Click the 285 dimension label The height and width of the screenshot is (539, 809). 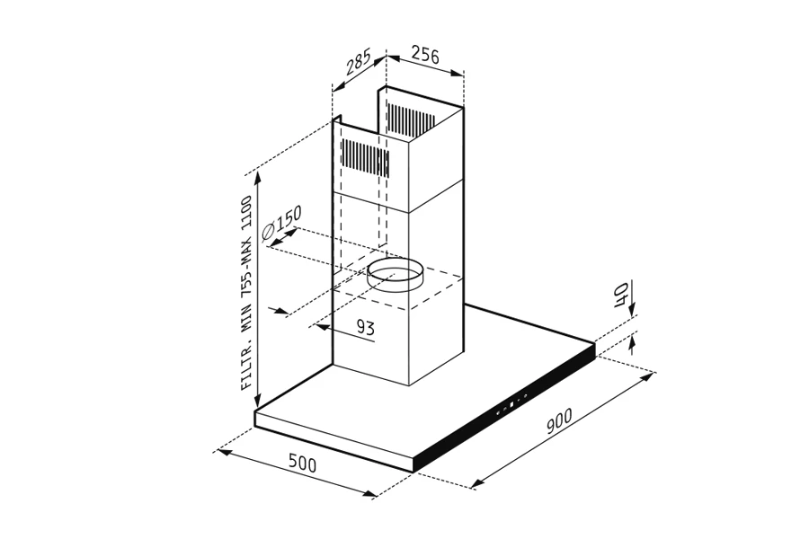tap(358, 61)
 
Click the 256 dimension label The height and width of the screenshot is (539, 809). tap(425, 55)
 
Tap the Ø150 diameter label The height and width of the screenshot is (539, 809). tap(281, 224)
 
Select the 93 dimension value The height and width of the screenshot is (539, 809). tap(365, 327)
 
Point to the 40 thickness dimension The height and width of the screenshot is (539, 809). tap(621, 294)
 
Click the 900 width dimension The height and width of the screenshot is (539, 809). tap(559, 420)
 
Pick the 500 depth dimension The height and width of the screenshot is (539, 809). tap(302, 464)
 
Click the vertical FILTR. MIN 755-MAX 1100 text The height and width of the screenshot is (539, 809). tap(247, 293)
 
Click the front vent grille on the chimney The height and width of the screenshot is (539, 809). tap(365, 158)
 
